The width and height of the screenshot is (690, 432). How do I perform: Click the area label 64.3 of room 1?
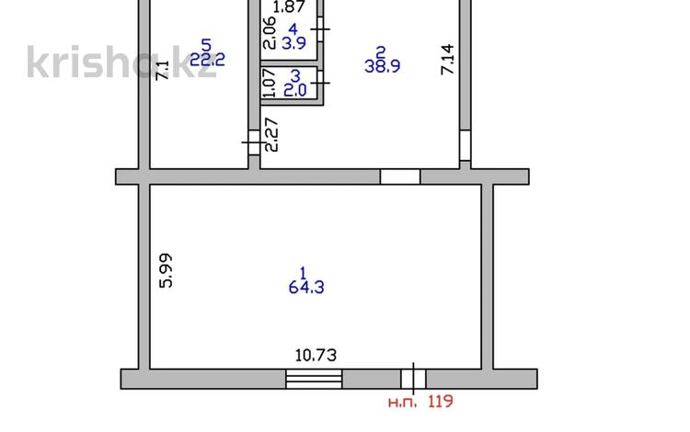pyautogui.click(x=306, y=288)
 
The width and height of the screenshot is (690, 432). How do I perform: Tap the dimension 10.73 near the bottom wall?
pyautogui.click(x=316, y=355)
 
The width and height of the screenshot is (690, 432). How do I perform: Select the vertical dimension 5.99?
pyautogui.click(x=166, y=270)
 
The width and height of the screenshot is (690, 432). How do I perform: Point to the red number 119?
pyautogui.click(x=441, y=402)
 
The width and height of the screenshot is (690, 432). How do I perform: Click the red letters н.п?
pyautogui.click(x=402, y=402)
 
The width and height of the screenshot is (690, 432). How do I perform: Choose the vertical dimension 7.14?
pyautogui.click(x=447, y=60)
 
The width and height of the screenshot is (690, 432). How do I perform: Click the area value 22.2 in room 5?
pyautogui.click(x=207, y=60)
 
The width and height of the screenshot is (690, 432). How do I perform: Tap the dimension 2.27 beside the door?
pyautogui.click(x=272, y=134)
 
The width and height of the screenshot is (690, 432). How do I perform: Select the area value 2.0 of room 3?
pyautogui.click(x=294, y=90)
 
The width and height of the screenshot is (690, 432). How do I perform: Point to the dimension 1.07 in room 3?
pyautogui.click(x=269, y=83)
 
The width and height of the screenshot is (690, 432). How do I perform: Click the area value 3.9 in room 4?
pyautogui.click(x=294, y=43)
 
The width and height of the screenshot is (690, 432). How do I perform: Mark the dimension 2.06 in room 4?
pyautogui.click(x=270, y=33)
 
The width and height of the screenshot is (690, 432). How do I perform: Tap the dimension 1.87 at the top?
pyautogui.click(x=289, y=6)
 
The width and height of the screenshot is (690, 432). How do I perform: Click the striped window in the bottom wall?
pyautogui.click(x=314, y=379)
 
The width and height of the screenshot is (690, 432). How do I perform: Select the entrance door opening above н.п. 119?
pyautogui.click(x=413, y=379)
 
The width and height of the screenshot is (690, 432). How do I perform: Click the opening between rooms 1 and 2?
pyautogui.click(x=400, y=176)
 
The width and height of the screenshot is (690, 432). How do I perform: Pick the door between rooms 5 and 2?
pyautogui.click(x=254, y=142)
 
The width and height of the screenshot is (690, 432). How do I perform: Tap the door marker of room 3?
pyautogui.click(x=320, y=83)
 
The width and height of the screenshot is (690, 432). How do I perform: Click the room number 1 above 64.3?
pyautogui.click(x=303, y=273)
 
